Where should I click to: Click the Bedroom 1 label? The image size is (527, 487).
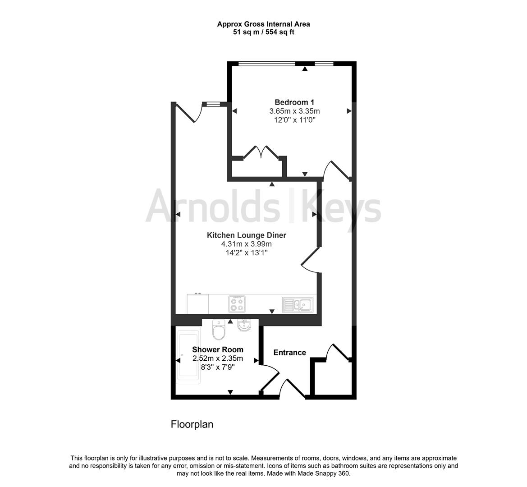(294, 102)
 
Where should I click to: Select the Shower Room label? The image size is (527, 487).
(218, 349)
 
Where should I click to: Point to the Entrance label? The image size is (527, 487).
(290, 353)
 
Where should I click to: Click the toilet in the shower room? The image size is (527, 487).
(219, 330)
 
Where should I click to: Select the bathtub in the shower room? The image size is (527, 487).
(188, 357)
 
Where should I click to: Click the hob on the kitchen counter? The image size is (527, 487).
(237, 303)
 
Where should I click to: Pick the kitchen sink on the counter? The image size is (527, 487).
(298, 304)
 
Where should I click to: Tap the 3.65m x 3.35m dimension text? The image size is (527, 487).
(294, 111)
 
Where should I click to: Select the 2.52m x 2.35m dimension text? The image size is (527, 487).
(218, 358)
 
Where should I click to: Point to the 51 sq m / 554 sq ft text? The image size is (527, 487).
(264, 32)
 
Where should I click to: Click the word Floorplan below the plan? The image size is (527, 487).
(192, 424)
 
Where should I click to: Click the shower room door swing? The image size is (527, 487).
(270, 378)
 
